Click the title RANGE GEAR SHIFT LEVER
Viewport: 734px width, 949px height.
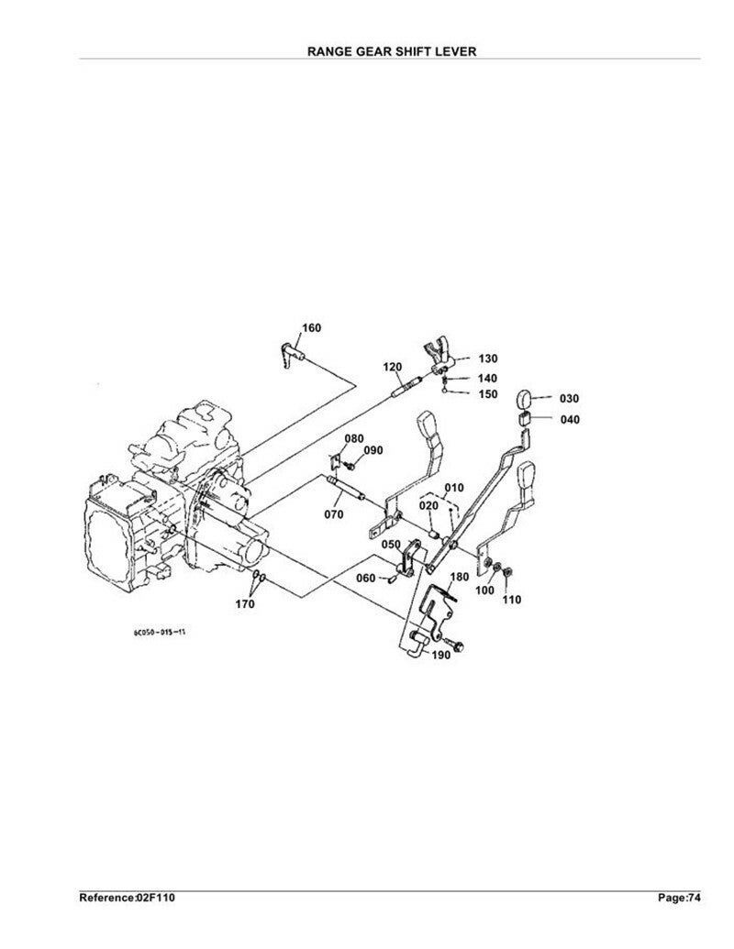[x=392, y=51]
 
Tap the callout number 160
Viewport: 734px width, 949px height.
[x=311, y=328]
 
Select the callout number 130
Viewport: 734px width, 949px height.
[x=487, y=359]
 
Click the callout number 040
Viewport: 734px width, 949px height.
[x=569, y=419]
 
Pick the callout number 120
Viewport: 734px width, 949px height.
[x=393, y=368]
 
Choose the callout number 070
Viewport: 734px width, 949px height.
[x=334, y=514]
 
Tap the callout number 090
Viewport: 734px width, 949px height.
[x=373, y=450]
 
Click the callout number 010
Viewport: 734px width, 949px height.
[x=454, y=488]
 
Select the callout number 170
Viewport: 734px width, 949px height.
[x=245, y=603]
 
